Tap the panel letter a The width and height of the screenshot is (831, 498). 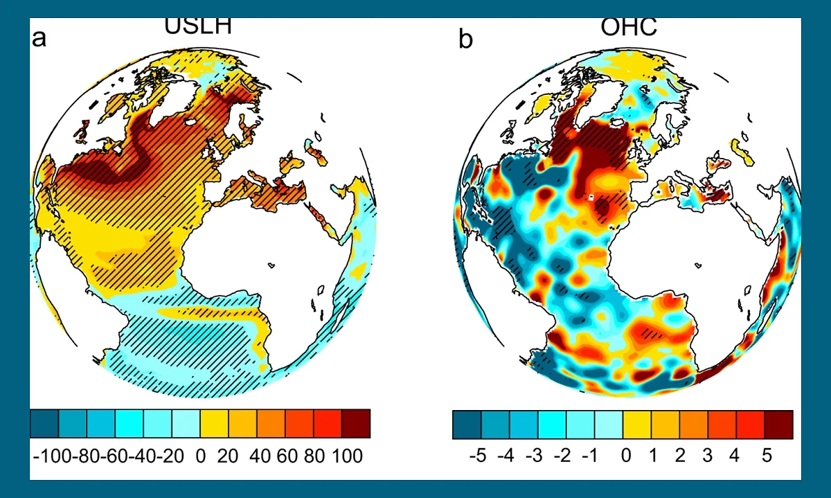[40, 37]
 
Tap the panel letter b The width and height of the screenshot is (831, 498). [466, 39]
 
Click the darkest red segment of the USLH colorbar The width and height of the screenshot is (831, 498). [356, 424]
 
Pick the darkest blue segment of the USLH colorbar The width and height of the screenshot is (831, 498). [45, 424]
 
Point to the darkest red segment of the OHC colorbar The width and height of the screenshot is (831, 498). [778, 425]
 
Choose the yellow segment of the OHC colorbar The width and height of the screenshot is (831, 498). [637, 425]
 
